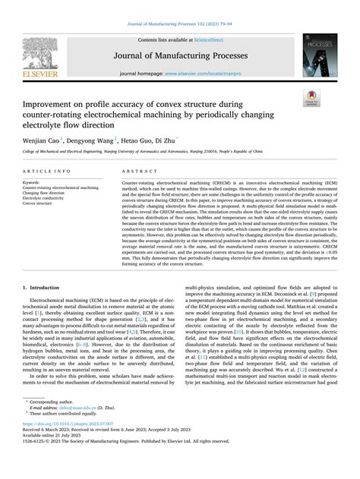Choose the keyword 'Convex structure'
pyautogui.click(x=42, y=203)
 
